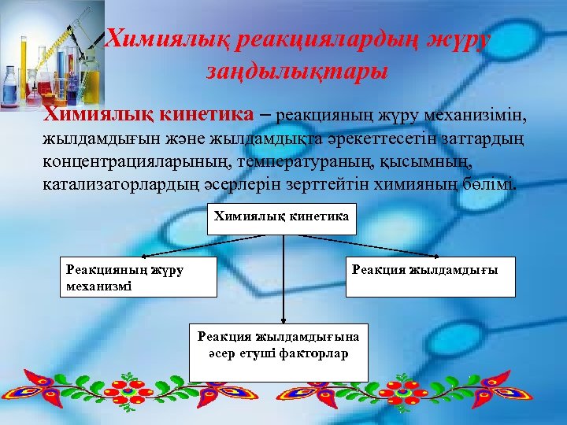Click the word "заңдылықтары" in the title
[297, 72]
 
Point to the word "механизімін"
[478, 116]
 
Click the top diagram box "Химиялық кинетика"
[281, 217]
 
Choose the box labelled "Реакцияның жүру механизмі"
[139, 277]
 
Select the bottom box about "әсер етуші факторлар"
[278, 351]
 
